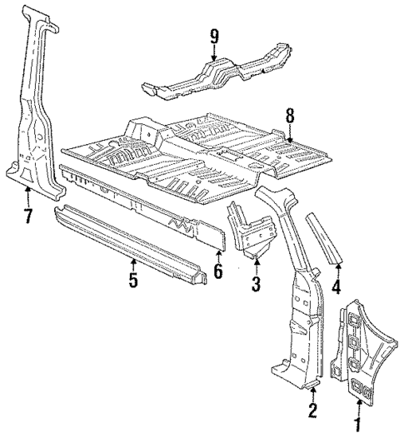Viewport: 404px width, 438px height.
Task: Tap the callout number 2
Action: [312, 409]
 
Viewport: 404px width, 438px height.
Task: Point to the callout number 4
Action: [336, 288]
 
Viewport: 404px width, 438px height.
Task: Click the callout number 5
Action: [133, 280]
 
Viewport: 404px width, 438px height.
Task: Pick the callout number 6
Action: [219, 272]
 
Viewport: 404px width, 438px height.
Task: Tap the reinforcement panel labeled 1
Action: [358, 350]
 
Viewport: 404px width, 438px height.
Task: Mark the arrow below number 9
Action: [214, 52]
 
